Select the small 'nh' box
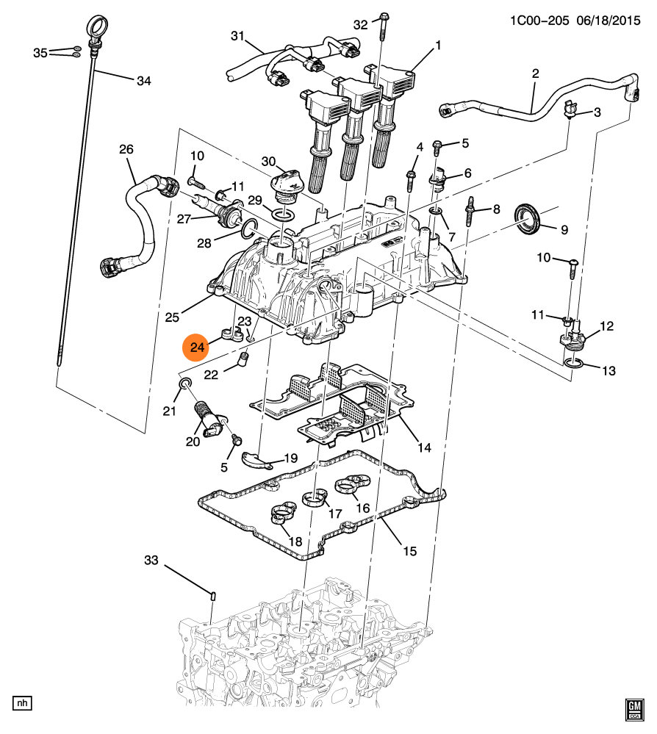(x=23, y=703)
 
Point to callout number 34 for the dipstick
(x=143, y=81)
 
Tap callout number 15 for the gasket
(x=409, y=550)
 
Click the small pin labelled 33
(x=212, y=594)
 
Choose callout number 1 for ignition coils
(x=438, y=46)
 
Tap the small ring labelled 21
(x=184, y=384)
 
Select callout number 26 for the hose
(x=126, y=150)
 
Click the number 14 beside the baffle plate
(x=426, y=447)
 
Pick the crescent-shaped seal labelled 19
(x=257, y=460)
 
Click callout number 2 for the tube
(x=535, y=73)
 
